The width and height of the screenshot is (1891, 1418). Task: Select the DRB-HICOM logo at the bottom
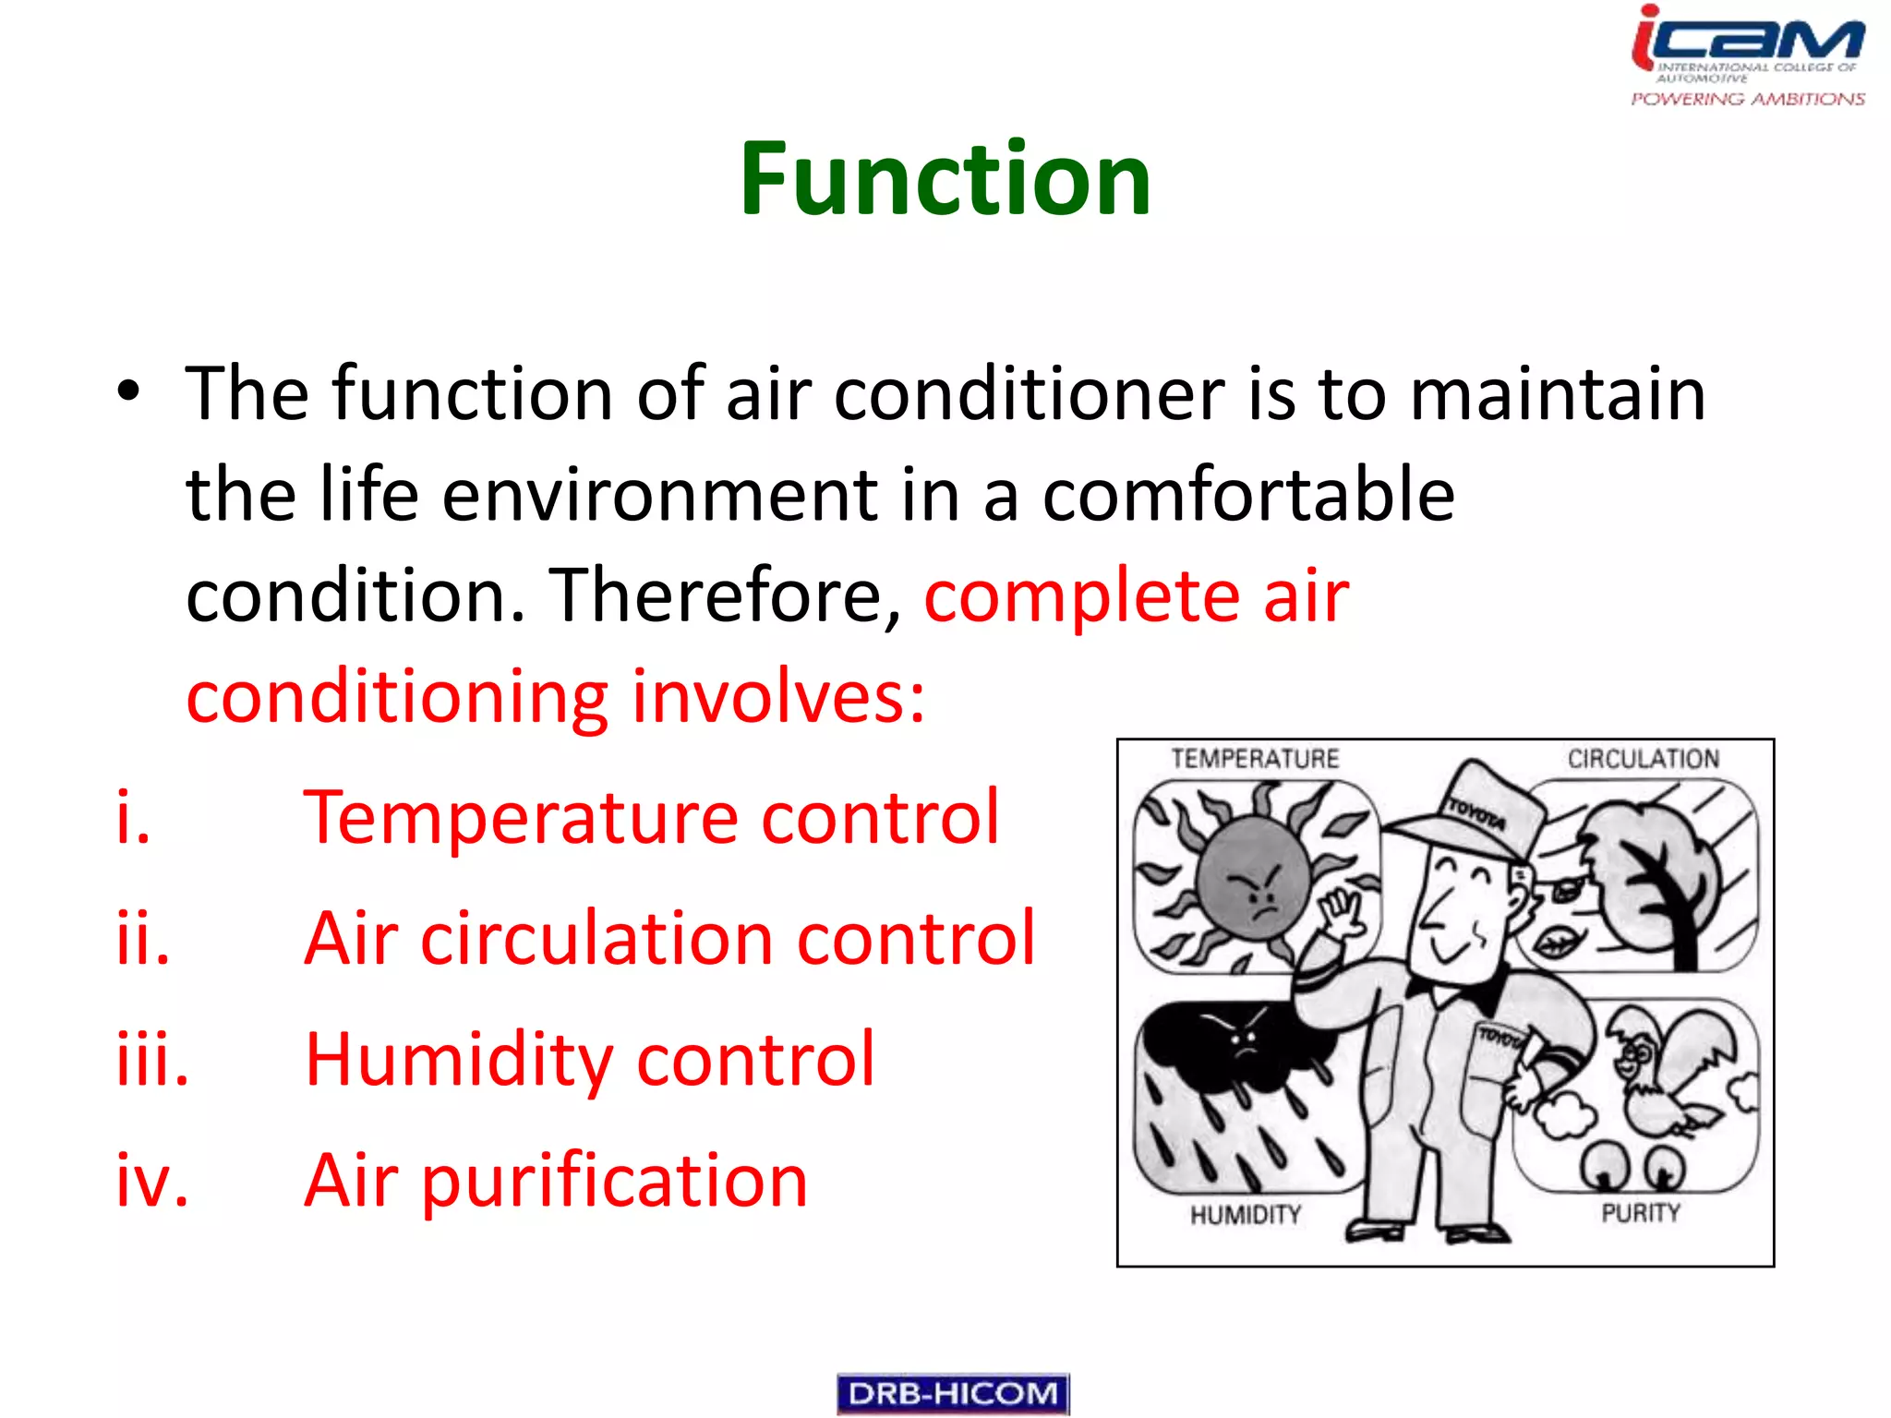click(953, 1393)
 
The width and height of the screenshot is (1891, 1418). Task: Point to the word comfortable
click(1248, 495)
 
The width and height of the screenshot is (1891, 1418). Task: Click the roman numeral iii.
click(152, 1059)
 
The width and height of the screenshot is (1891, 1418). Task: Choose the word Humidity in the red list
click(458, 1059)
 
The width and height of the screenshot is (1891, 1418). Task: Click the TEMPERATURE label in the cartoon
click(1255, 759)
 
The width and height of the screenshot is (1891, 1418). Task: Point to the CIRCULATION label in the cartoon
click(1643, 759)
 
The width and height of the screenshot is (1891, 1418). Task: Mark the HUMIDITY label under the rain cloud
click(1245, 1215)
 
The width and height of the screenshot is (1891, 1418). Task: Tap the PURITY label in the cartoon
click(1640, 1213)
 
